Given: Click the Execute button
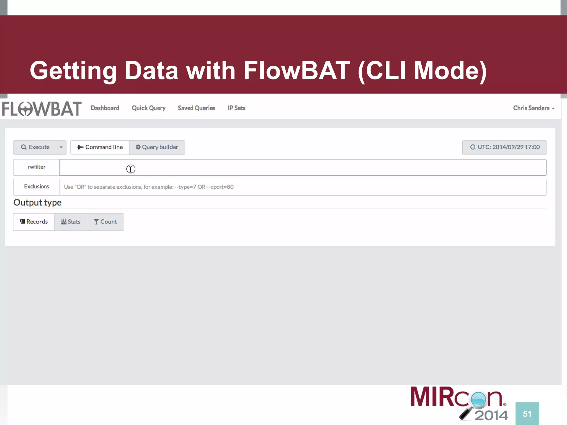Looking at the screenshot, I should click(x=35, y=147).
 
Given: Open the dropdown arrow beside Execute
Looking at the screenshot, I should click(x=61, y=147).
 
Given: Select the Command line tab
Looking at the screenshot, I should click(x=100, y=147).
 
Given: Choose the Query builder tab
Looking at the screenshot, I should click(x=157, y=147).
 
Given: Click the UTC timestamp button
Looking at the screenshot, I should click(x=504, y=147).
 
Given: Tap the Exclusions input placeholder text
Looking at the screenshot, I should click(x=149, y=187).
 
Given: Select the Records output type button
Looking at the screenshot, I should click(x=34, y=222).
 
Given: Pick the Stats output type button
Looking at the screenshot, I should click(x=71, y=222).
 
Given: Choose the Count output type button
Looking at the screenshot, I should click(x=105, y=222).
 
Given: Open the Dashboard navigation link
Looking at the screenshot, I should click(x=105, y=108).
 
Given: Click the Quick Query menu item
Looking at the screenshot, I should click(x=149, y=108).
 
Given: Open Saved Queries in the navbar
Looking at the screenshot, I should click(x=196, y=108).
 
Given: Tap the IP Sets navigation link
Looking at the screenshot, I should click(x=236, y=108).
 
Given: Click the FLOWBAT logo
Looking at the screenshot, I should click(x=42, y=109).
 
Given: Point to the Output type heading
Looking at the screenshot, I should click(x=37, y=203).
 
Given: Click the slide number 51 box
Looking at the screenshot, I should click(x=527, y=414).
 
